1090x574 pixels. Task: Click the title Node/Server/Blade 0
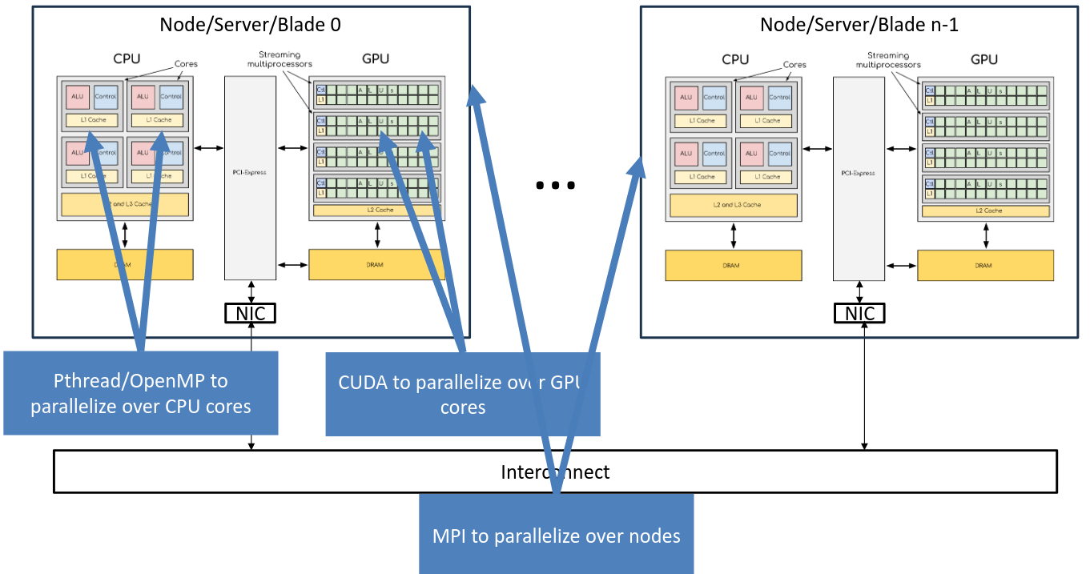pos(250,25)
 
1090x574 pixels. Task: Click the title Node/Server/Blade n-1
pos(859,25)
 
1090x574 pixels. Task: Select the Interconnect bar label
pos(554,472)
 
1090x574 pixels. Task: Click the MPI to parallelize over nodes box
pos(556,535)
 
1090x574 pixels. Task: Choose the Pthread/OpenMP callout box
pos(140,393)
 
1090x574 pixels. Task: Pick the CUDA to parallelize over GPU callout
pos(462,394)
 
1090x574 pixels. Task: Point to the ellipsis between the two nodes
pos(555,185)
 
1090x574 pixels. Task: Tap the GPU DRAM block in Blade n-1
pos(985,265)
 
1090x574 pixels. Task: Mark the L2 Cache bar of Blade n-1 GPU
pos(985,211)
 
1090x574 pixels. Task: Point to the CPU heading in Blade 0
pos(127,59)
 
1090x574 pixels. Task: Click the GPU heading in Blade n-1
pos(983,59)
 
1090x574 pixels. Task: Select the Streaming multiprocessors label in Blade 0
pos(280,59)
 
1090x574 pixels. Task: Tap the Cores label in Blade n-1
pos(794,65)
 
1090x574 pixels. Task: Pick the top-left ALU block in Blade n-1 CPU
pos(686,97)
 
